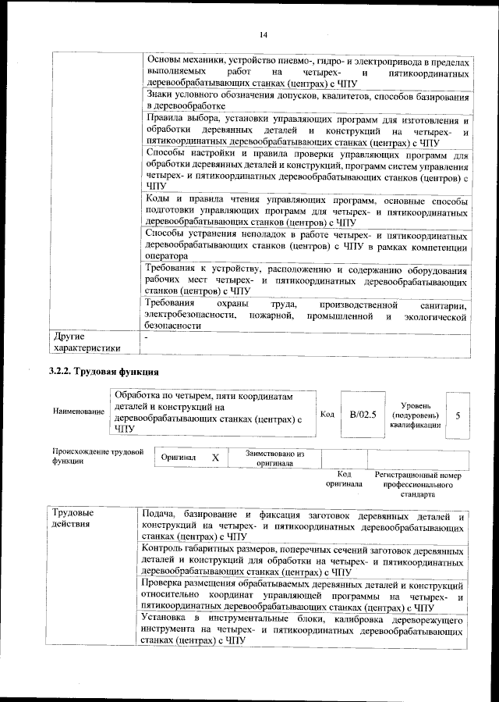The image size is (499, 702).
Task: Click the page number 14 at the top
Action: pyautogui.click(x=263, y=34)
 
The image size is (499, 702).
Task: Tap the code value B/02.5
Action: pyautogui.click(x=363, y=415)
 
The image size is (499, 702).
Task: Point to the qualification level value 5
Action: pyautogui.click(x=458, y=415)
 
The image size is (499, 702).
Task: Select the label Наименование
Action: pyautogui.click(x=78, y=411)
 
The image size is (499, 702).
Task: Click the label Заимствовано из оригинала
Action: pyautogui.click(x=274, y=458)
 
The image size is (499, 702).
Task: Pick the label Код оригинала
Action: pyautogui.click(x=344, y=479)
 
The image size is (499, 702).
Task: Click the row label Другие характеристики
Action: pyautogui.click(x=86, y=342)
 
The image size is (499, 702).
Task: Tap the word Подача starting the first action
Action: pyautogui.click(x=163, y=514)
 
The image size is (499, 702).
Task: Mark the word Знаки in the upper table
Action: pyautogui.click(x=161, y=94)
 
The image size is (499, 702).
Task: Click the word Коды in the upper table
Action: pyautogui.click(x=159, y=201)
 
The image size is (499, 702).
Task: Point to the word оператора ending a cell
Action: pyautogui.click(x=167, y=255)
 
